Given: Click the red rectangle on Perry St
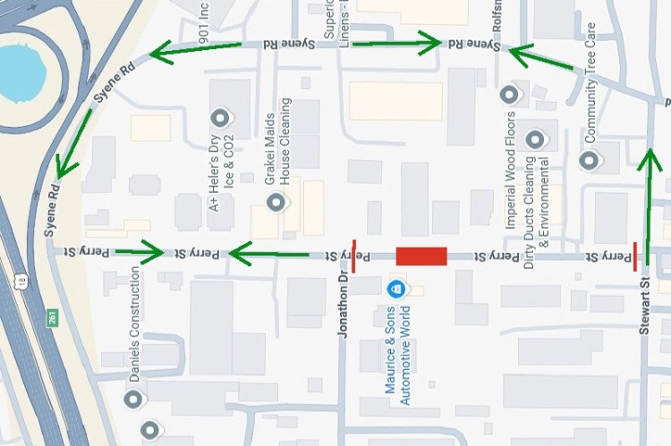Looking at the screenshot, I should point(420,257).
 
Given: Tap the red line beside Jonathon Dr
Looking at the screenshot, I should point(353,255).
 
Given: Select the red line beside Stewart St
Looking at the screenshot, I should point(635,255).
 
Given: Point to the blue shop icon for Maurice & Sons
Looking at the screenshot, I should point(395,289).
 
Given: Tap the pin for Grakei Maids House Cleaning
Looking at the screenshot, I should point(275,203).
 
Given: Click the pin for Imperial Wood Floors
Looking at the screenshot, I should point(510,93).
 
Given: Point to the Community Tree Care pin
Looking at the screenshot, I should point(589,160).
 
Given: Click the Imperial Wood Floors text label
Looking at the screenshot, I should point(511,170).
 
